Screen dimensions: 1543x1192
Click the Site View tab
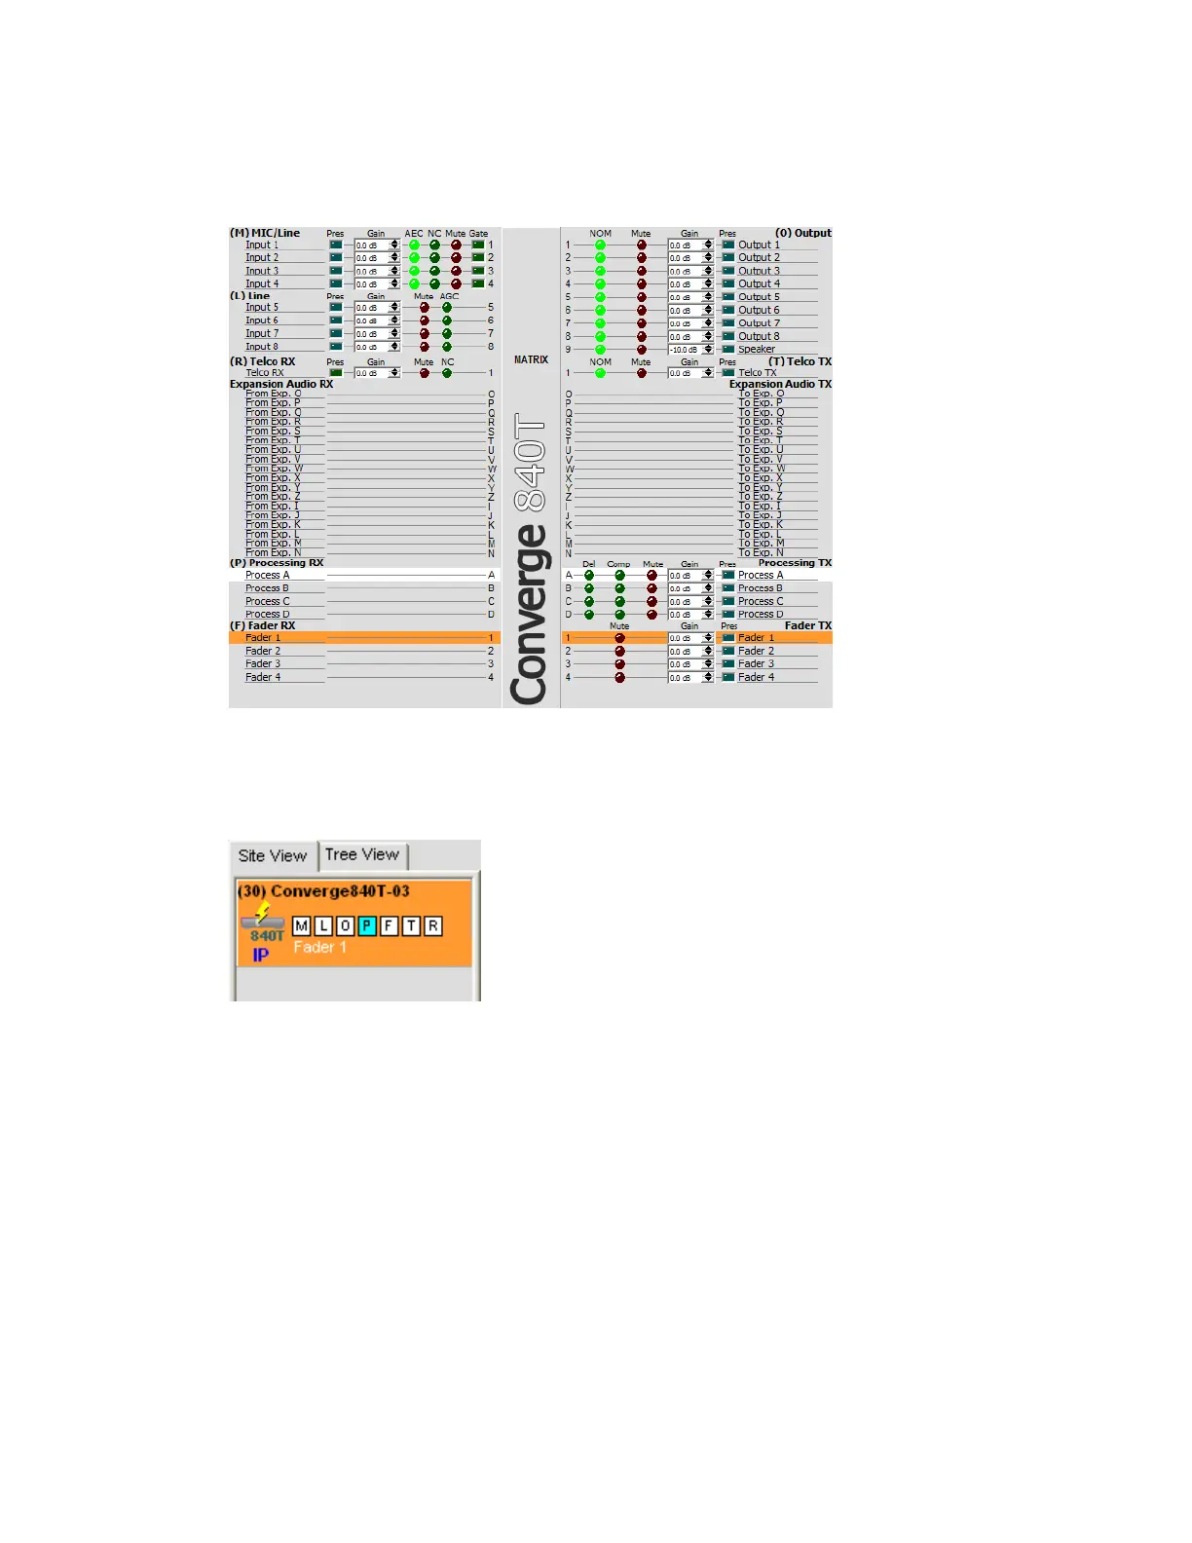point(273,856)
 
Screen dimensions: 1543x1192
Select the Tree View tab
point(362,855)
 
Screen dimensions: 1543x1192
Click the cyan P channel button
point(367,926)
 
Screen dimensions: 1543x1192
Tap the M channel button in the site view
point(302,926)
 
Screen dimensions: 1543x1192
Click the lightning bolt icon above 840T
point(263,912)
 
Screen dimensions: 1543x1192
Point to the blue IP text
point(261,956)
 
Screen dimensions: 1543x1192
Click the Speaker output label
point(757,349)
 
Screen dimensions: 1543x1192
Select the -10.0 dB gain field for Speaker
point(684,350)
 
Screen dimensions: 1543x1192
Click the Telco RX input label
point(265,373)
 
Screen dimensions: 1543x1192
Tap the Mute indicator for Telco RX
point(425,373)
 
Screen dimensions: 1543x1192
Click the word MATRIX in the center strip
point(531,359)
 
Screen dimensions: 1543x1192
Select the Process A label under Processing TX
point(761,576)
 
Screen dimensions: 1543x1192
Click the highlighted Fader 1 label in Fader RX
point(263,638)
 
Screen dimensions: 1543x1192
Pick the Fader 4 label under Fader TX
point(756,677)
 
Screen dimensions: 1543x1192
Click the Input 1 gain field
point(371,245)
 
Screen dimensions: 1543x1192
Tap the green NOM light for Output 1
point(601,245)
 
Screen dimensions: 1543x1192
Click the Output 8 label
point(759,336)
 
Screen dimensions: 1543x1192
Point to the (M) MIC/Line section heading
point(265,234)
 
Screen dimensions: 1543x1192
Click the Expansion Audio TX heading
point(780,384)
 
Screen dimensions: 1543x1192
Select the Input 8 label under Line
point(262,347)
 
